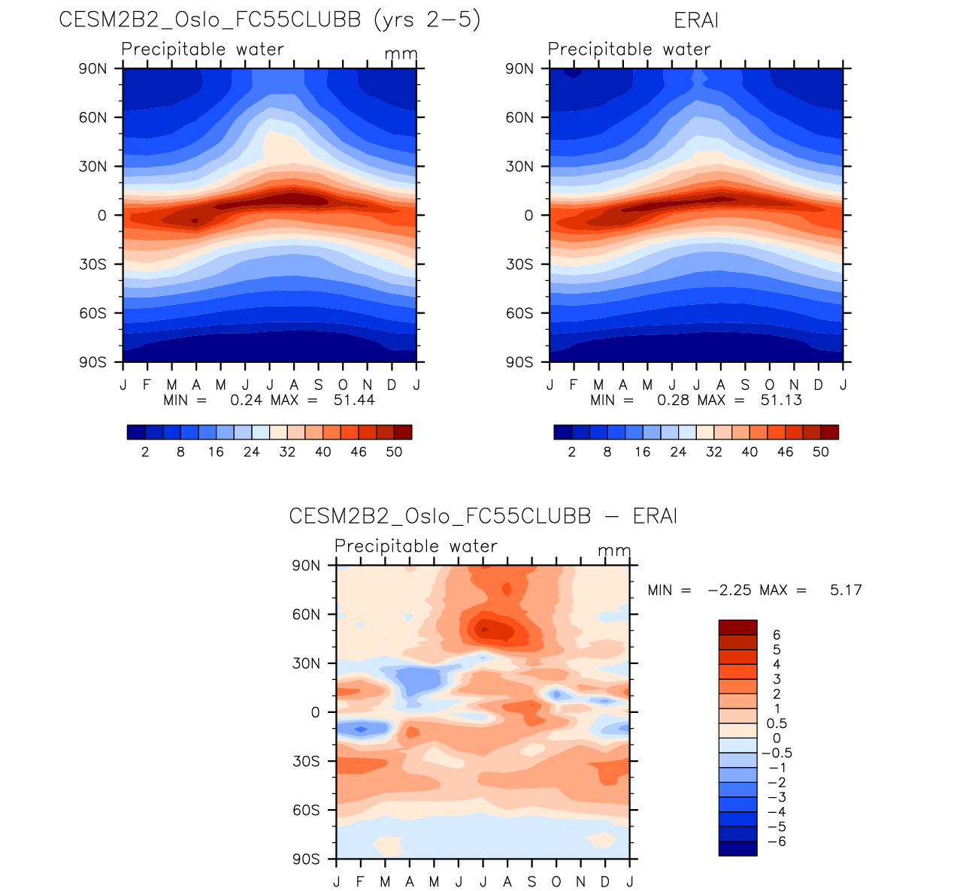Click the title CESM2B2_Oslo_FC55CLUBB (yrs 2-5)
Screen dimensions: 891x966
click(269, 20)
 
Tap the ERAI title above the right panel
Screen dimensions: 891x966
click(696, 20)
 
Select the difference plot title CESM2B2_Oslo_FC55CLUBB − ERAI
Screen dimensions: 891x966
click(483, 517)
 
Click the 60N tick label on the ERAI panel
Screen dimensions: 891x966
click(519, 118)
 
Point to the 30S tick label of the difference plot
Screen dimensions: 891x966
click(305, 762)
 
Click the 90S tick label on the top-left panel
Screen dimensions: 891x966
click(92, 363)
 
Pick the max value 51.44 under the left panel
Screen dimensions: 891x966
click(354, 400)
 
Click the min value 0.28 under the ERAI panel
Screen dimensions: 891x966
click(673, 400)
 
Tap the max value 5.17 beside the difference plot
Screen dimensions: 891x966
click(846, 590)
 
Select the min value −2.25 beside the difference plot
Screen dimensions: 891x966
click(729, 590)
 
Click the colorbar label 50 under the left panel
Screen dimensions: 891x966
click(394, 452)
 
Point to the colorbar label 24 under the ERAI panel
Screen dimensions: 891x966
click(678, 452)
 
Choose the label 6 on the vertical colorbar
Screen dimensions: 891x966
click(777, 636)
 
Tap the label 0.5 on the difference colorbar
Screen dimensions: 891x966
click(777, 723)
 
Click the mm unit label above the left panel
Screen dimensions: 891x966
click(400, 55)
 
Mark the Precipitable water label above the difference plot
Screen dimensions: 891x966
click(416, 546)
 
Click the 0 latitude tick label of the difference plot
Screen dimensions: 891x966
click(315, 713)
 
